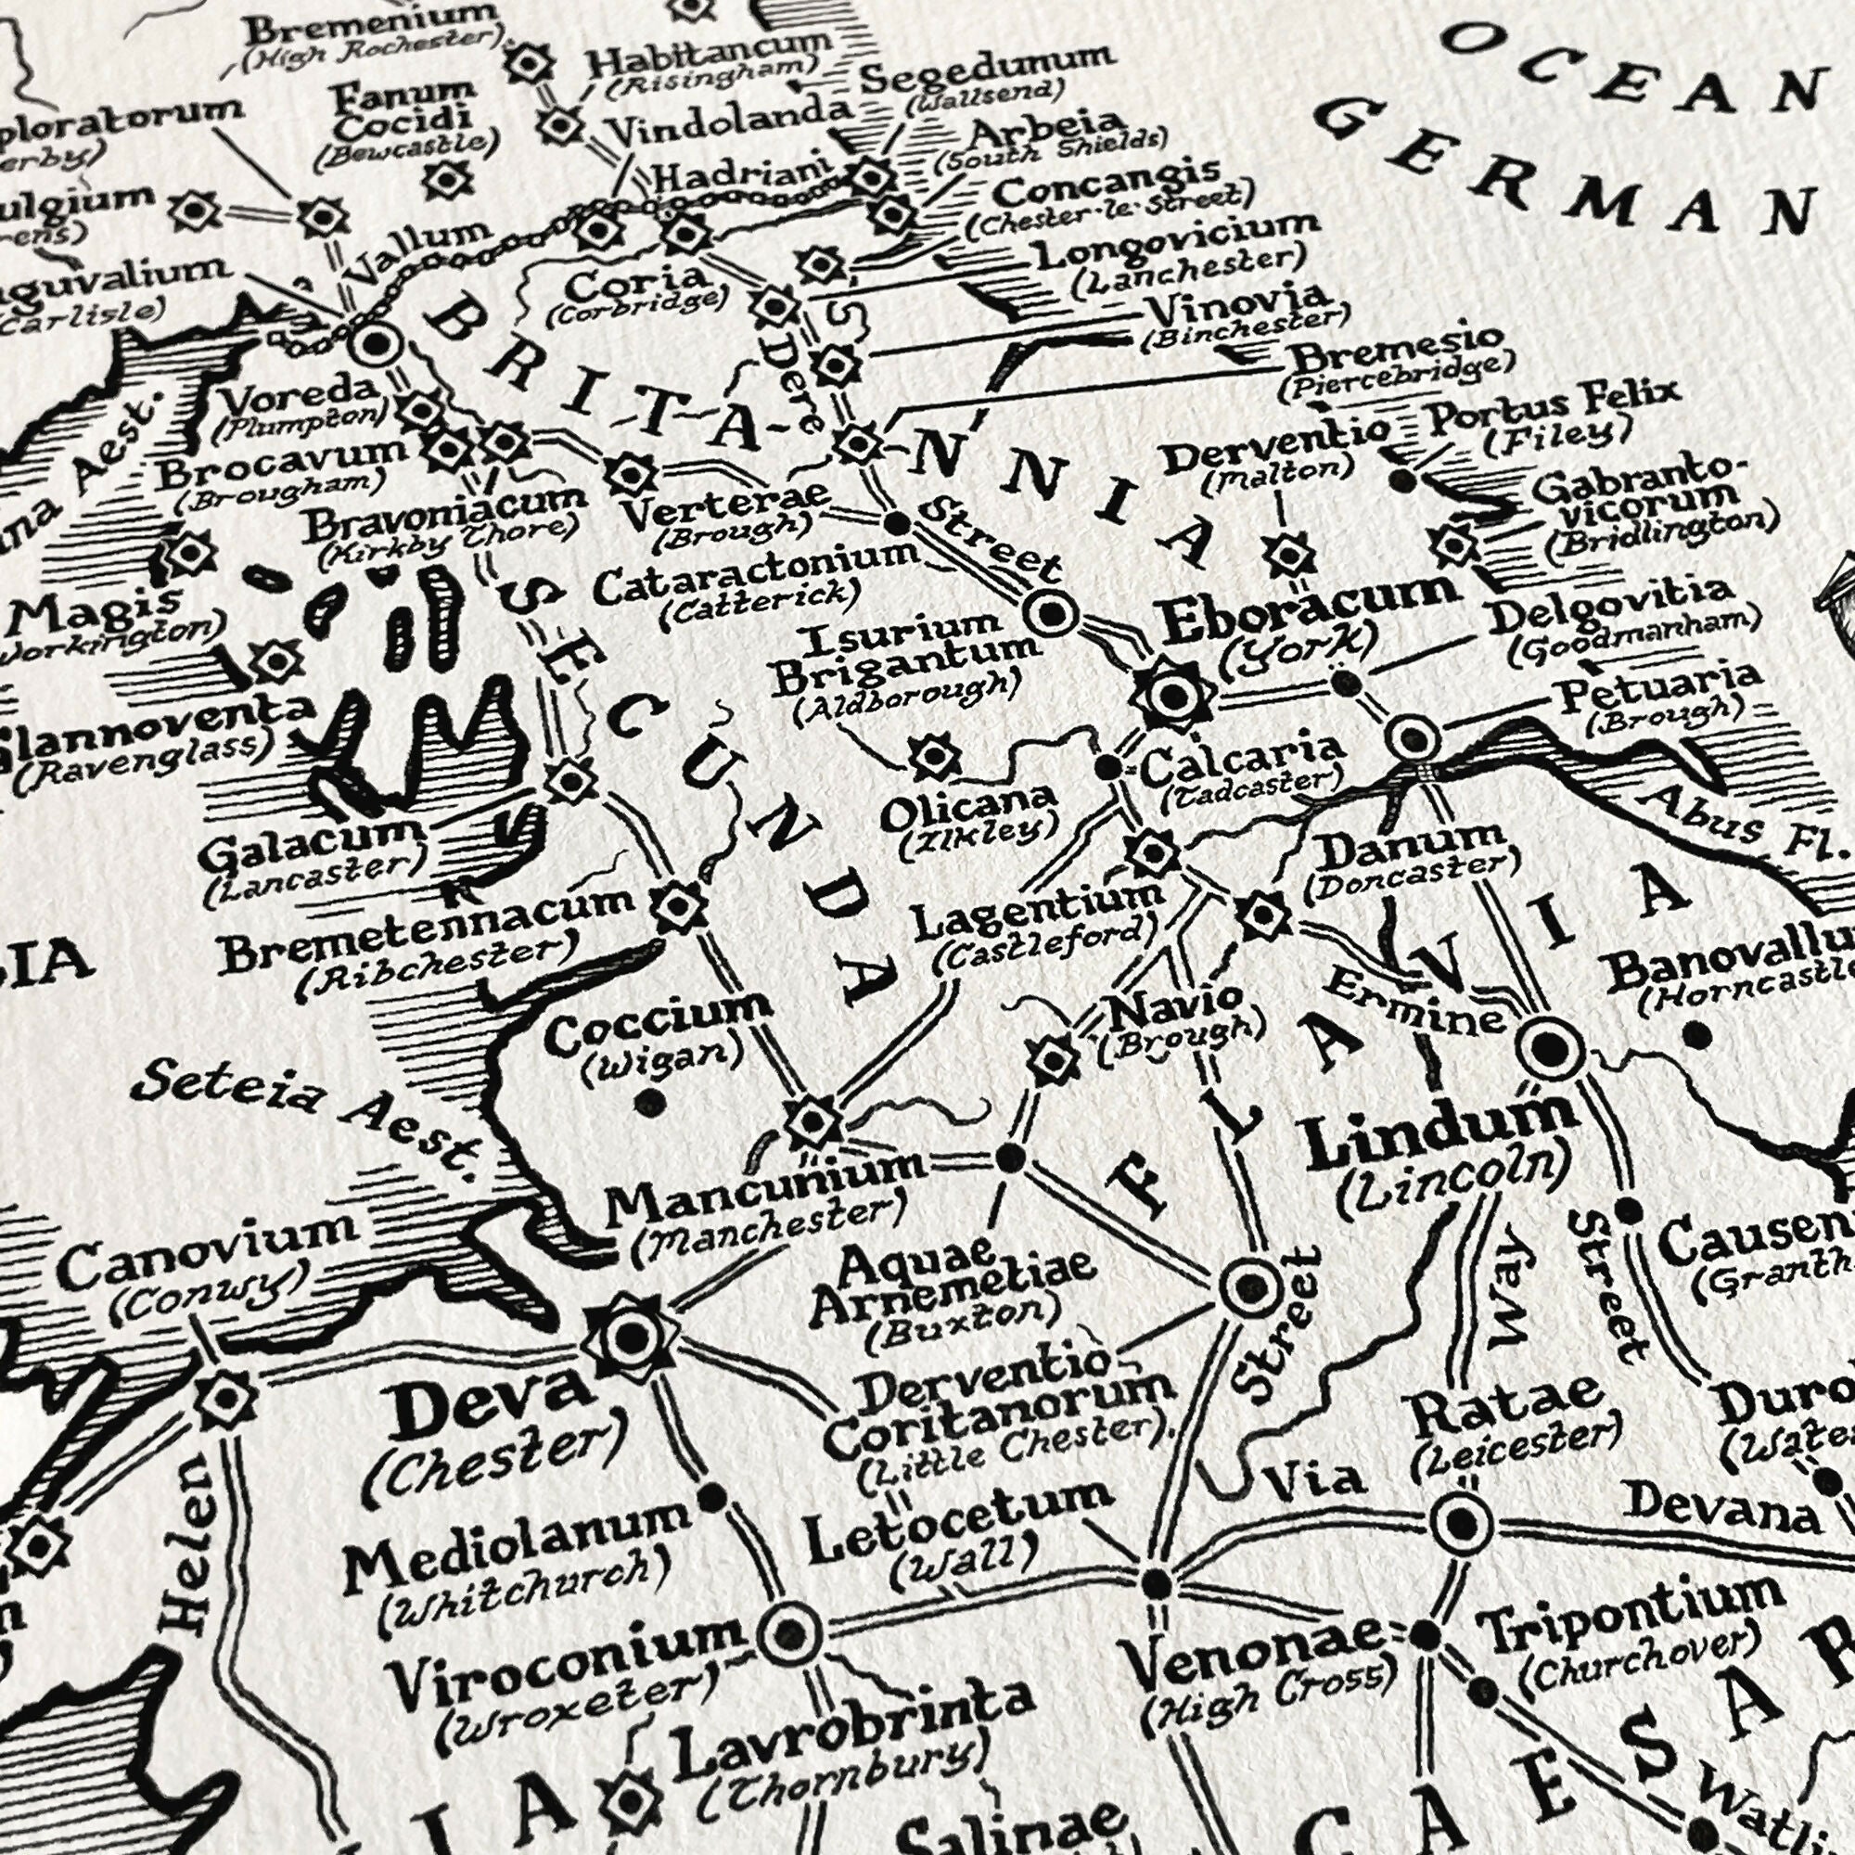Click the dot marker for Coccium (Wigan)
[652, 1102]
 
